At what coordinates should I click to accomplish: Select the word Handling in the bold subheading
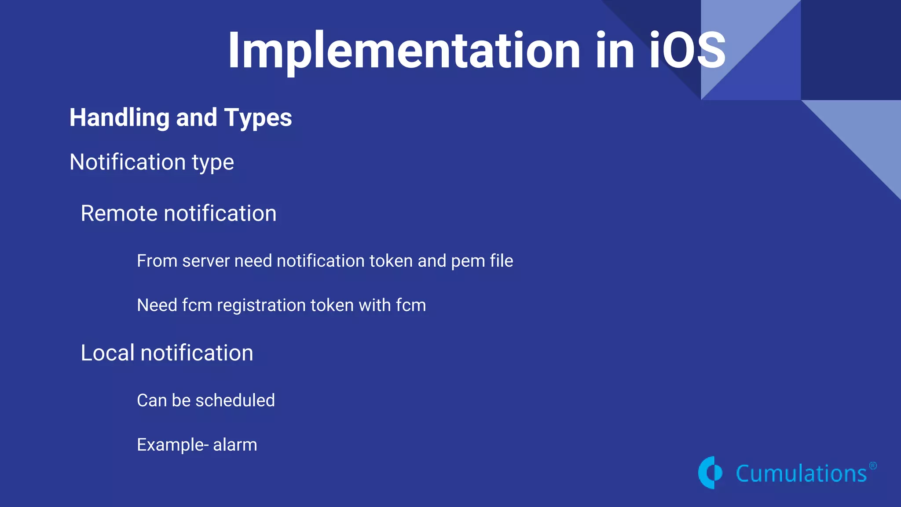(x=119, y=118)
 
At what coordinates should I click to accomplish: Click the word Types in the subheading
(x=258, y=118)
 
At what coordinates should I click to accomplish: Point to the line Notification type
(x=151, y=162)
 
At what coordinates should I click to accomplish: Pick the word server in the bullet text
(x=205, y=261)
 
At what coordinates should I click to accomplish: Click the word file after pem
(x=501, y=261)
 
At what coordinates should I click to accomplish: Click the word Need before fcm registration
(x=157, y=305)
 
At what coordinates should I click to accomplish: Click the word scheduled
(x=235, y=400)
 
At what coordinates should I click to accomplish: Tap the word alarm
(x=235, y=445)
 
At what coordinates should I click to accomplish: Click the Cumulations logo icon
(x=710, y=473)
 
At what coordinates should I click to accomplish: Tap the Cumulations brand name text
(x=801, y=474)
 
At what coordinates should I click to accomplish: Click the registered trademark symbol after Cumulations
(x=873, y=466)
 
